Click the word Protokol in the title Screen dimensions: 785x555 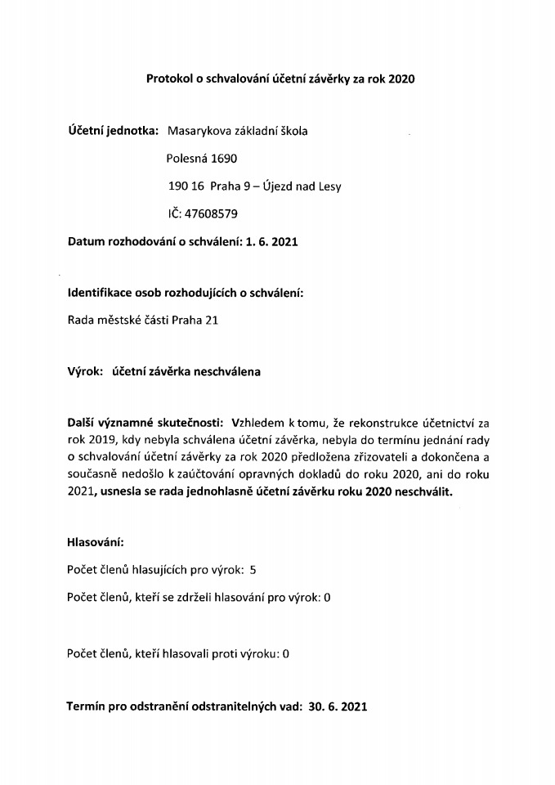tap(167, 78)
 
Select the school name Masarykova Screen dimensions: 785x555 tap(199, 131)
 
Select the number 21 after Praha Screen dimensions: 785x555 tap(211, 321)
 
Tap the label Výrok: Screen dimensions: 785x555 tap(84, 372)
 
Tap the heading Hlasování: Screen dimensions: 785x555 tap(96, 542)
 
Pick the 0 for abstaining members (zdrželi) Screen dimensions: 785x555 tap(327, 598)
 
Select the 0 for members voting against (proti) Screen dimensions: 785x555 tap(286, 653)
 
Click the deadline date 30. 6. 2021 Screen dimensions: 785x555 tap(338, 706)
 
